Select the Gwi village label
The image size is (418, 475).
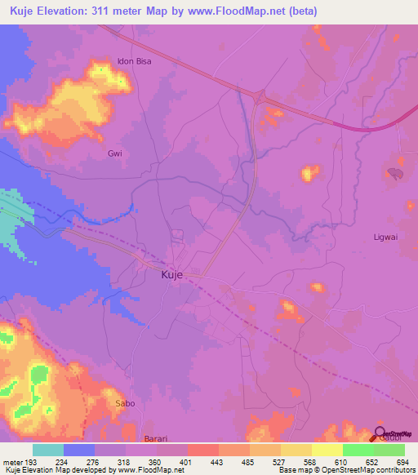tap(114, 153)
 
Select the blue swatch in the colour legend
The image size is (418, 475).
tap(79, 450)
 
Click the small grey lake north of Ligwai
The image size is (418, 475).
tap(396, 173)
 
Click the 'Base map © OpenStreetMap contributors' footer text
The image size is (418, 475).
tap(345, 470)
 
